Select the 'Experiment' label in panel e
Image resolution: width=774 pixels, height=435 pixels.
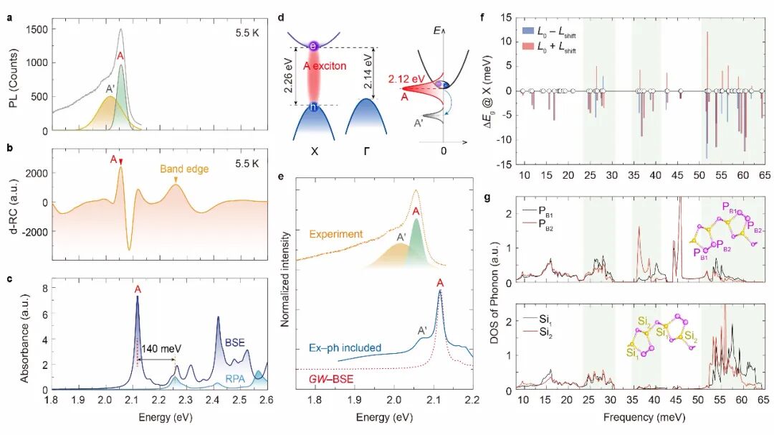pyautogui.click(x=337, y=233)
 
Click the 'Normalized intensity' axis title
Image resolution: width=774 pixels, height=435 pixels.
pyautogui.click(x=285, y=279)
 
